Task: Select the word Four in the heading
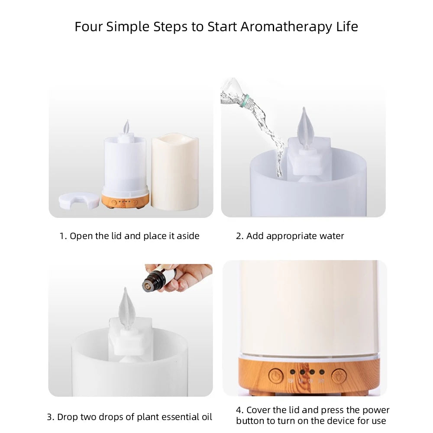(89, 26)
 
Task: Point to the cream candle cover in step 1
(174, 172)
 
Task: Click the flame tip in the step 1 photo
(126, 126)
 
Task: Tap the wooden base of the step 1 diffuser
(125, 201)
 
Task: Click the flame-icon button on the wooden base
(339, 375)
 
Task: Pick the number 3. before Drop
(51, 417)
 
